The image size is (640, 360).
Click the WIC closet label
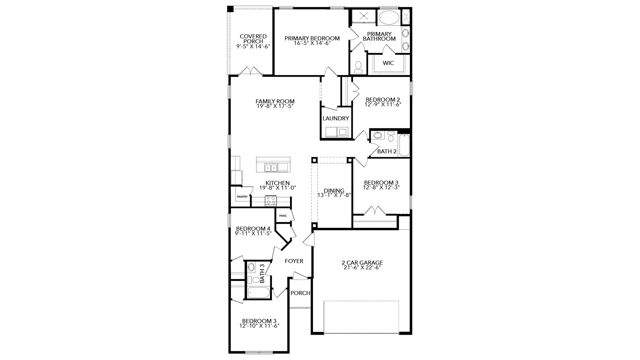pos(388,63)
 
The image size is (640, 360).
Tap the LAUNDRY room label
pos(336,118)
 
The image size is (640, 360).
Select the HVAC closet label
pos(283,216)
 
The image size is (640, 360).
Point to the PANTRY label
pos(242,197)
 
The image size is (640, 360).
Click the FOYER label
pos(294,261)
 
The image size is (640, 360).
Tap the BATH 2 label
pos(387,151)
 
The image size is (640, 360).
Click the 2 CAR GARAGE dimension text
pos(362,267)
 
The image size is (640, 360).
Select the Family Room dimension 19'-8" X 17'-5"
pos(275,106)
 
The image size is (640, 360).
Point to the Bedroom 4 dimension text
pos(253,233)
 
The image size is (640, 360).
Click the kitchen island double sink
pos(271,168)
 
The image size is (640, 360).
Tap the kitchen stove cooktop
pos(271,200)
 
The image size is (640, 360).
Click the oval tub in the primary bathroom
pos(389,18)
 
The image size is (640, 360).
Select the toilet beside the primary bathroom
pos(359,67)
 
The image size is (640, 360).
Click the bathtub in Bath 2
pos(404,145)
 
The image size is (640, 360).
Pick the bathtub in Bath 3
pos(259,293)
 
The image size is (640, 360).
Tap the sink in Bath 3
pos(251,267)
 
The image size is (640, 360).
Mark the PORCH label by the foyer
pos(300,293)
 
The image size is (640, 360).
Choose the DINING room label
pos(334,191)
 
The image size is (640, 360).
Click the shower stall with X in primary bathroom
pos(363,16)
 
